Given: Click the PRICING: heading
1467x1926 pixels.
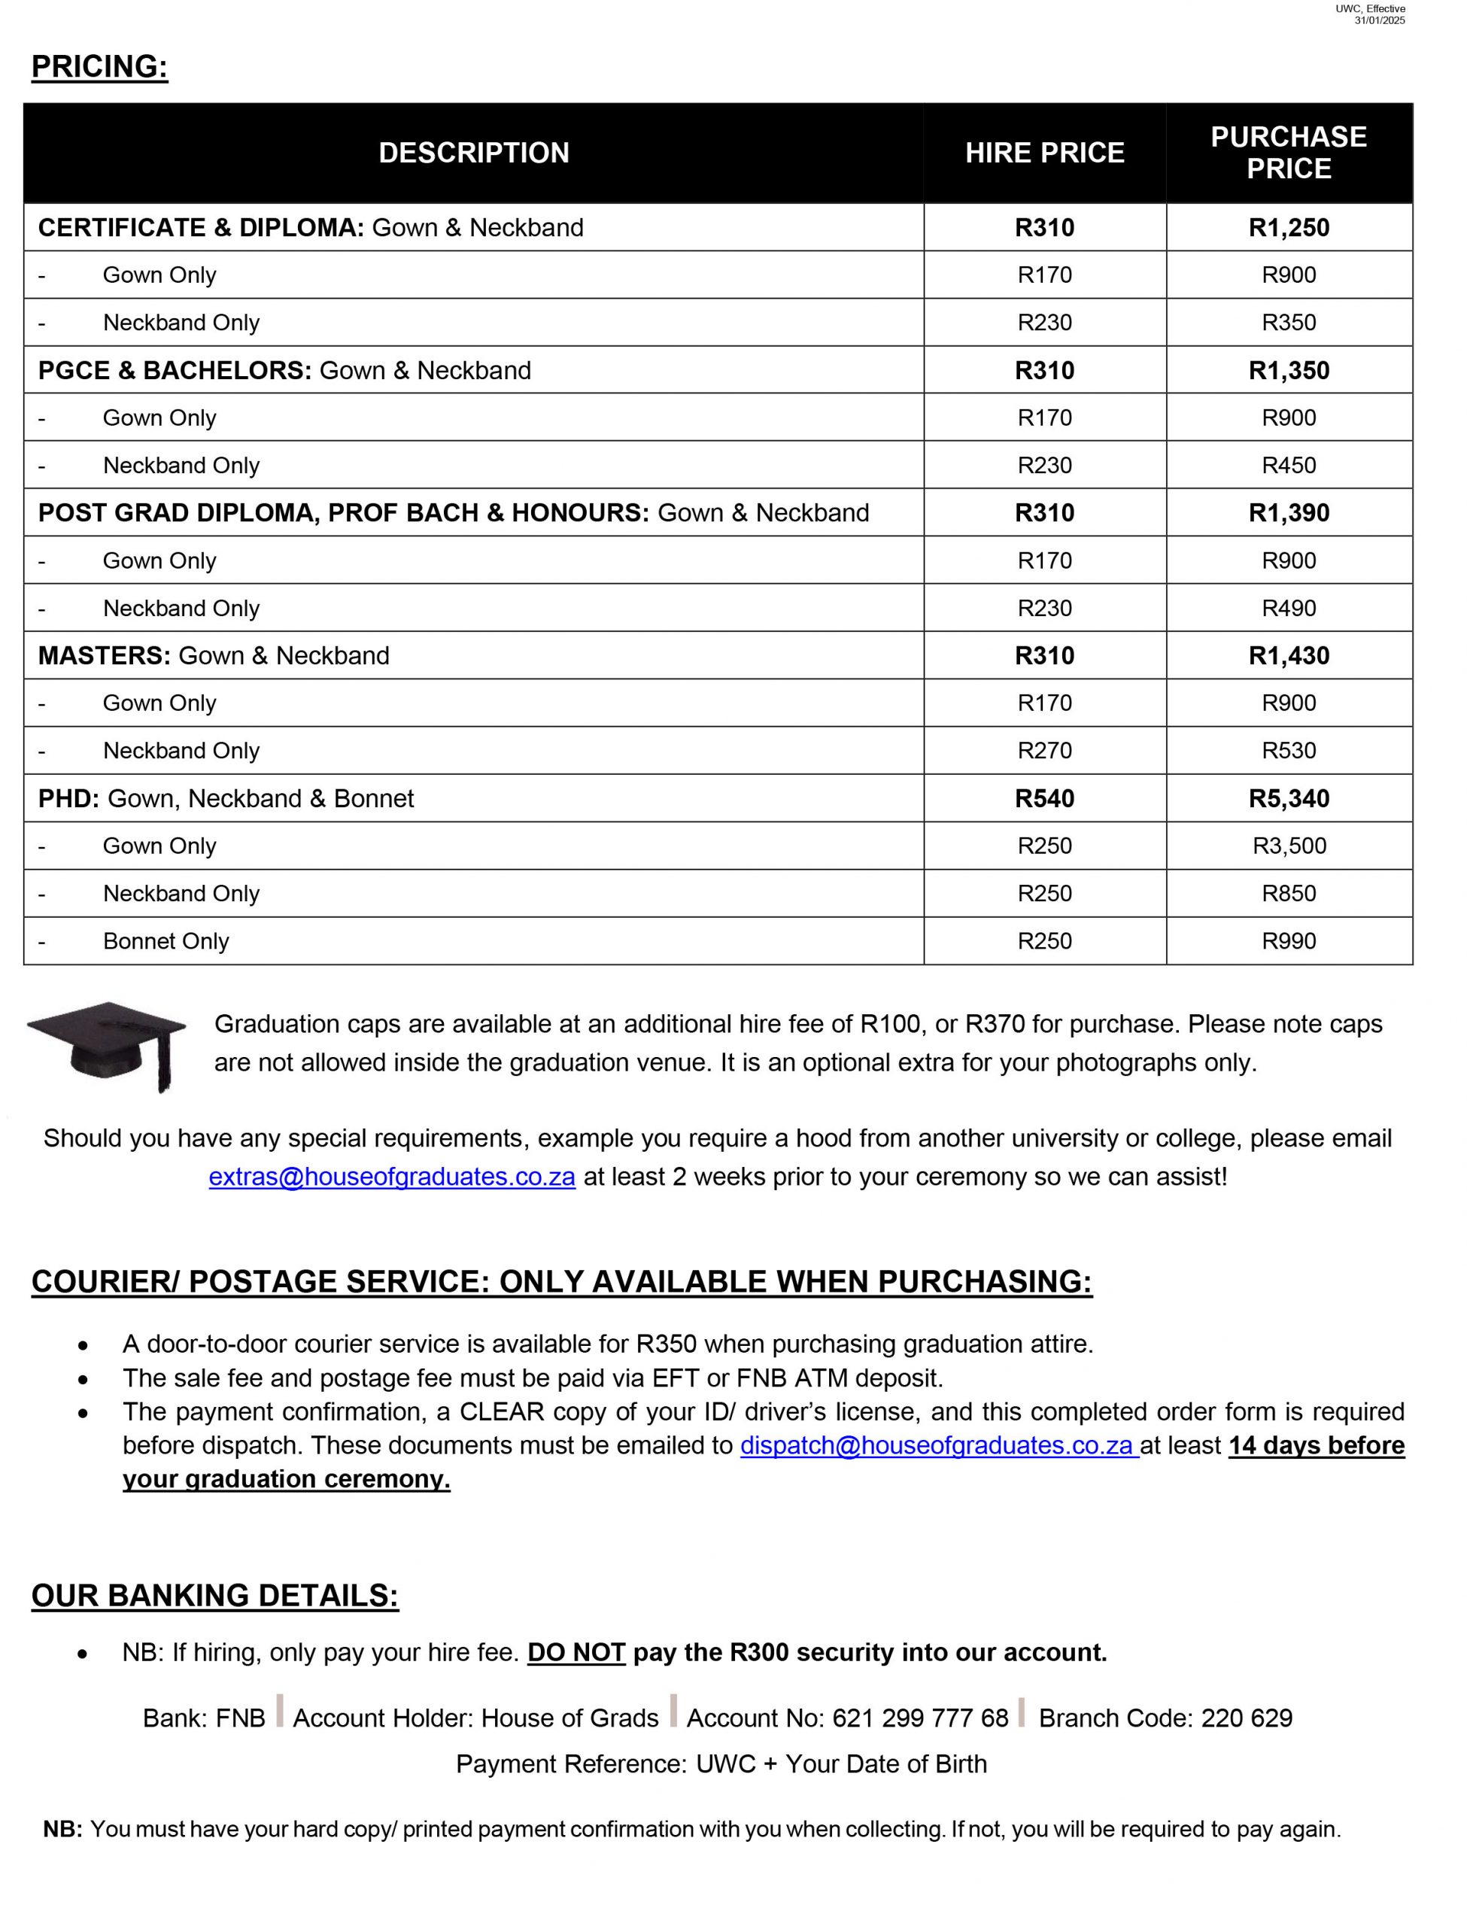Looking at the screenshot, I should (99, 66).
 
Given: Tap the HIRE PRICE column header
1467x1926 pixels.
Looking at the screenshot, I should (1044, 153).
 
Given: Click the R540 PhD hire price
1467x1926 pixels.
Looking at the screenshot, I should (1044, 798).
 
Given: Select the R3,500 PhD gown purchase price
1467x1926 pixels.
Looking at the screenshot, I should (1289, 845).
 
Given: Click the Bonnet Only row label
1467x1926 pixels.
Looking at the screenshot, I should (166, 940).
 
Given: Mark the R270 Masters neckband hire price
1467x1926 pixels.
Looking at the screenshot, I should (1044, 750).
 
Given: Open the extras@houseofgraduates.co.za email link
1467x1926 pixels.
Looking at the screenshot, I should (392, 1176).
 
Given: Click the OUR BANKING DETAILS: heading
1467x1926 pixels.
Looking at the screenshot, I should (215, 1595).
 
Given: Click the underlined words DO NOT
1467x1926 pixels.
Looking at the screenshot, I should (576, 1652).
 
